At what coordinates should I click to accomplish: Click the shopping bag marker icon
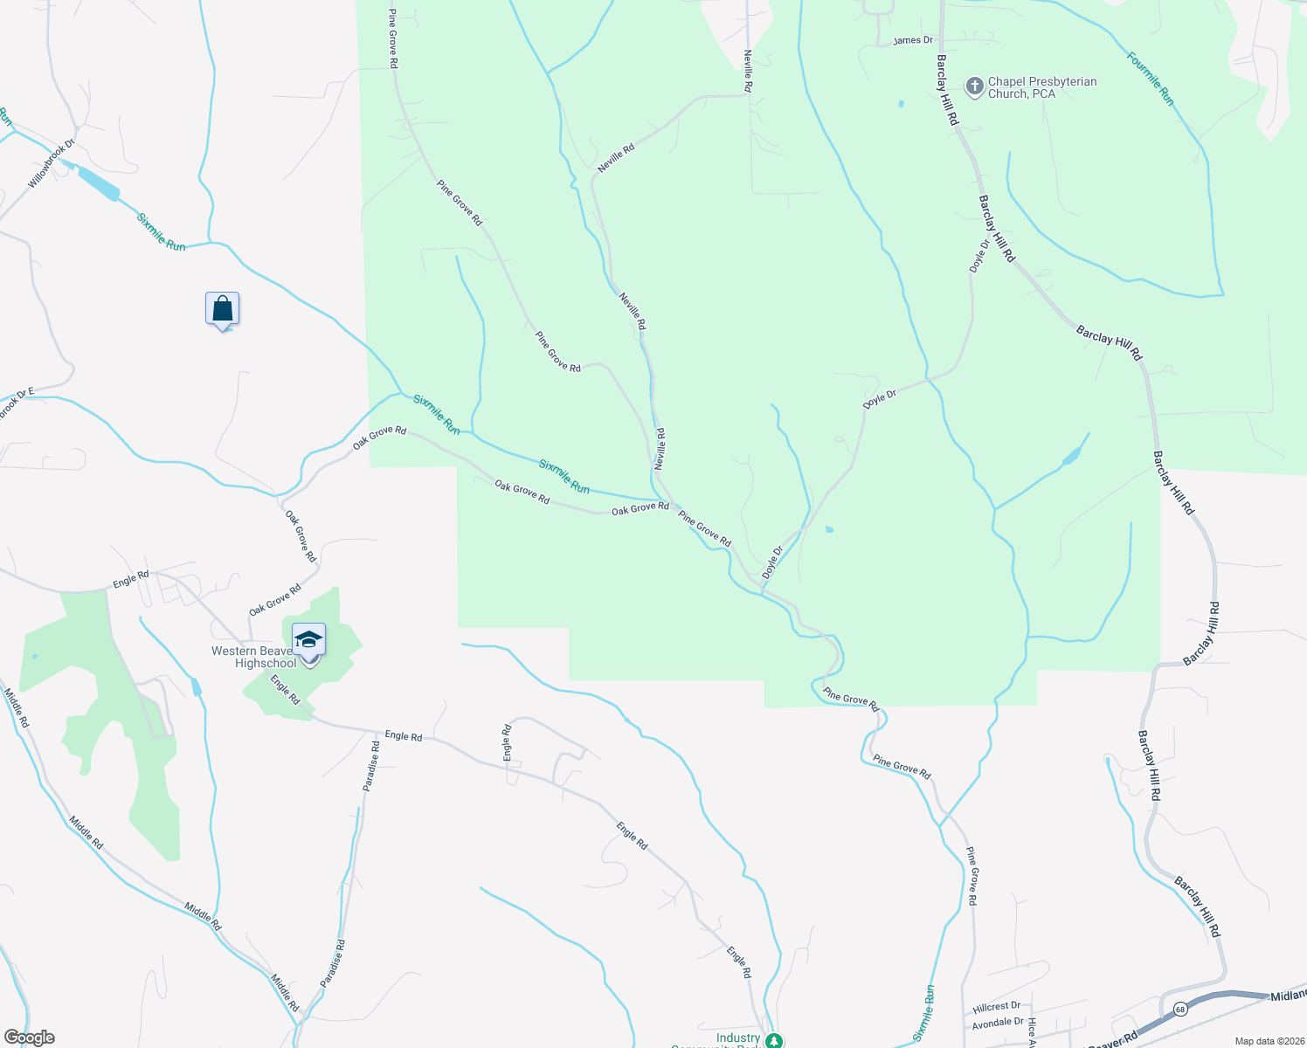[x=222, y=309]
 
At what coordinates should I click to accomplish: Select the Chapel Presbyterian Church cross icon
[x=974, y=86]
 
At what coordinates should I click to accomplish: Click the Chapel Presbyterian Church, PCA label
[x=1041, y=87]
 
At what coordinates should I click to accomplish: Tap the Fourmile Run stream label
[x=1150, y=79]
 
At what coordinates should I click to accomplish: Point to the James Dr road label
[x=913, y=40]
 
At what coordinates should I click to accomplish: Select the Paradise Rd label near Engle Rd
[x=372, y=766]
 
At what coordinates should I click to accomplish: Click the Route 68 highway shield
[x=1180, y=1009]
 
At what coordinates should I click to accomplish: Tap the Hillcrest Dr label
[x=996, y=1006]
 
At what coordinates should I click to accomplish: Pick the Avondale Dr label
[x=998, y=1022]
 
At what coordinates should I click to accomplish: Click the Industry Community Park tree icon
[x=773, y=1040]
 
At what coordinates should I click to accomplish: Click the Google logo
[x=28, y=1038]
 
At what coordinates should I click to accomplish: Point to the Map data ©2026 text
[x=1269, y=1041]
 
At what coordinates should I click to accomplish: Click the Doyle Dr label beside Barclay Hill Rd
[x=978, y=256]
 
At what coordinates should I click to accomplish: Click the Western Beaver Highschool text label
[x=253, y=657]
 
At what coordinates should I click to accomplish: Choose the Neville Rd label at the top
[x=748, y=71]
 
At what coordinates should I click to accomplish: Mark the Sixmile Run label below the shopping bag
[x=436, y=415]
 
